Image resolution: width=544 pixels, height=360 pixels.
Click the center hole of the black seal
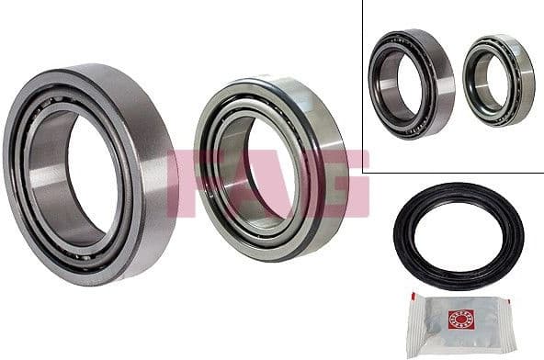click(x=459, y=235)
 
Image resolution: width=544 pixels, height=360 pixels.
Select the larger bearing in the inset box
click(x=411, y=83)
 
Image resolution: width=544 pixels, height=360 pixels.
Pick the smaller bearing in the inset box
click(x=497, y=81)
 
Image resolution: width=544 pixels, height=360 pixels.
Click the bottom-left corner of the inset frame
click(x=363, y=172)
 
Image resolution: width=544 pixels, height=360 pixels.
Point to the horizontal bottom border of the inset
click(x=450, y=172)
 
